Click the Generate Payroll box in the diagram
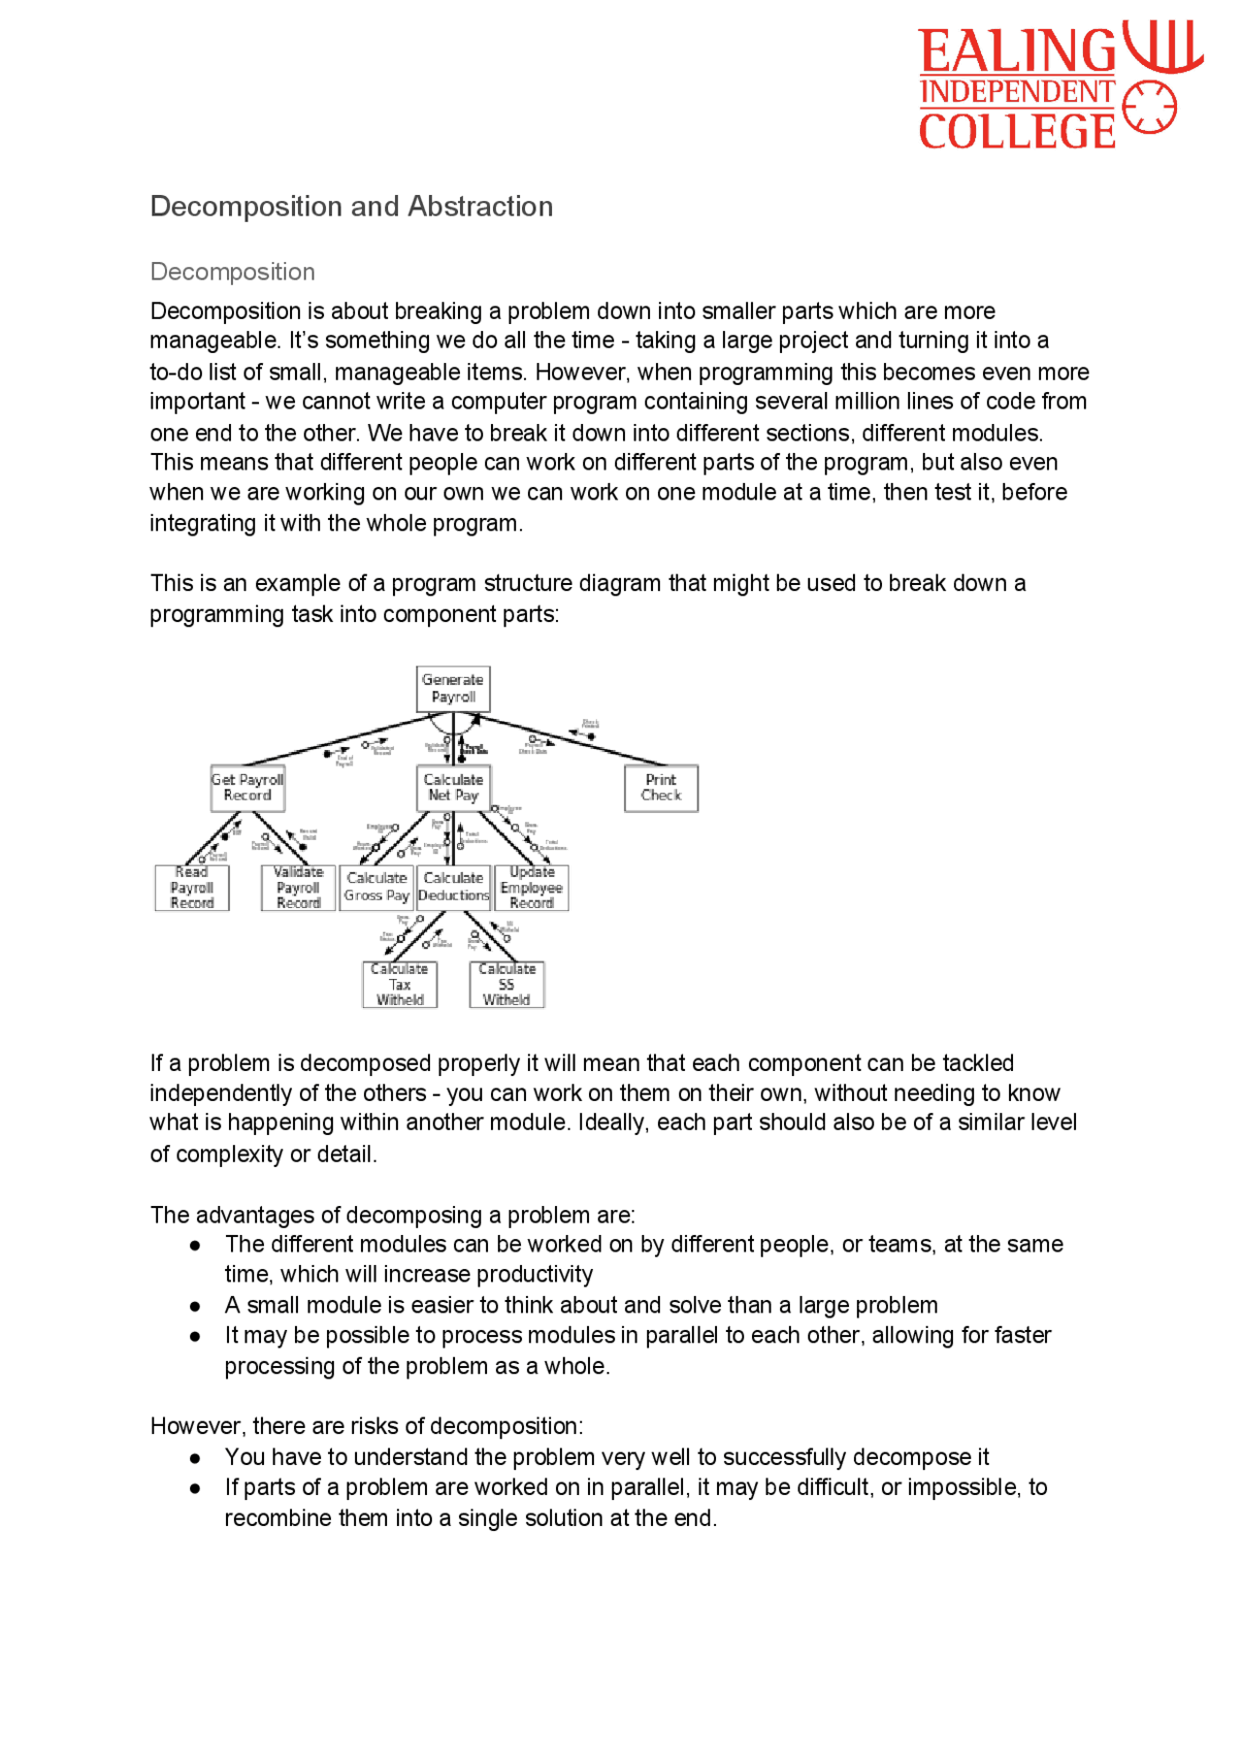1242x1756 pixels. (x=453, y=689)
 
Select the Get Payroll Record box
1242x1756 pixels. (x=247, y=788)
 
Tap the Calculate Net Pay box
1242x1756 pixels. (x=453, y=788)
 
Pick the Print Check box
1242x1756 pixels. (x=661, y=788)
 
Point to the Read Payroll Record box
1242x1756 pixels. (x=192, y=888)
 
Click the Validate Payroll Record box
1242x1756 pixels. (x=298, y=888)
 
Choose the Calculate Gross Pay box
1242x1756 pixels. (x=376, y=887)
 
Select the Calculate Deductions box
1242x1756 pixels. (x=453, y=887)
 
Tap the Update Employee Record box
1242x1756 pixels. (x=532, y=888)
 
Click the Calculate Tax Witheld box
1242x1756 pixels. (x=400, y=985)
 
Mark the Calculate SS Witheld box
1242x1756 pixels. (x=507, y=985)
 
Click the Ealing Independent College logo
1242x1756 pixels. (x=1061, y=85)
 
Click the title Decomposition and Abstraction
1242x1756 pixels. (x=351, y=207)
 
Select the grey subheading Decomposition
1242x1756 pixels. (x=232, y=272)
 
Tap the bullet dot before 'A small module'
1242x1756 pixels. (x=195, y=1307)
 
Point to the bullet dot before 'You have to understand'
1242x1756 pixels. (x=195, y=1458)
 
